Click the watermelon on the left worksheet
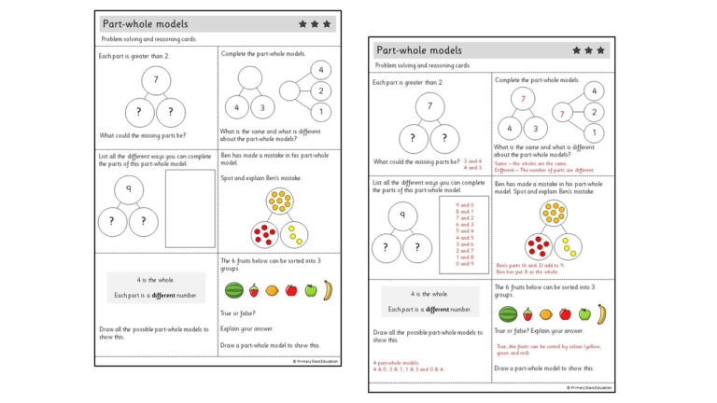click(x=234, y=290)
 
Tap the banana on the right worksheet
click(x=602, y=313)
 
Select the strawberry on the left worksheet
click(x=253, y=291)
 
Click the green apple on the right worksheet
click(x=585, y=314)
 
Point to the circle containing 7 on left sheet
click(x=156, y=82)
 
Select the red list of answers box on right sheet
click(x=464, y=233)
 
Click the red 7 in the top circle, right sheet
click(x=523, y=99)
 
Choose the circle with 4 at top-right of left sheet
click(x=320, y=70)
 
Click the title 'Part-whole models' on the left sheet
click(x=145, y=23)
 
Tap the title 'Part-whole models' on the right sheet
click(x=418, y=50)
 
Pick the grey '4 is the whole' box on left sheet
click(x=156, y=287)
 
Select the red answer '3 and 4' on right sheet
click(x=473, y=161)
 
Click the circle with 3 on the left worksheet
click(x=261, y=107)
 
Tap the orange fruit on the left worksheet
click(x=272, y=291)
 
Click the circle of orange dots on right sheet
click(x=554, y=213)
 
